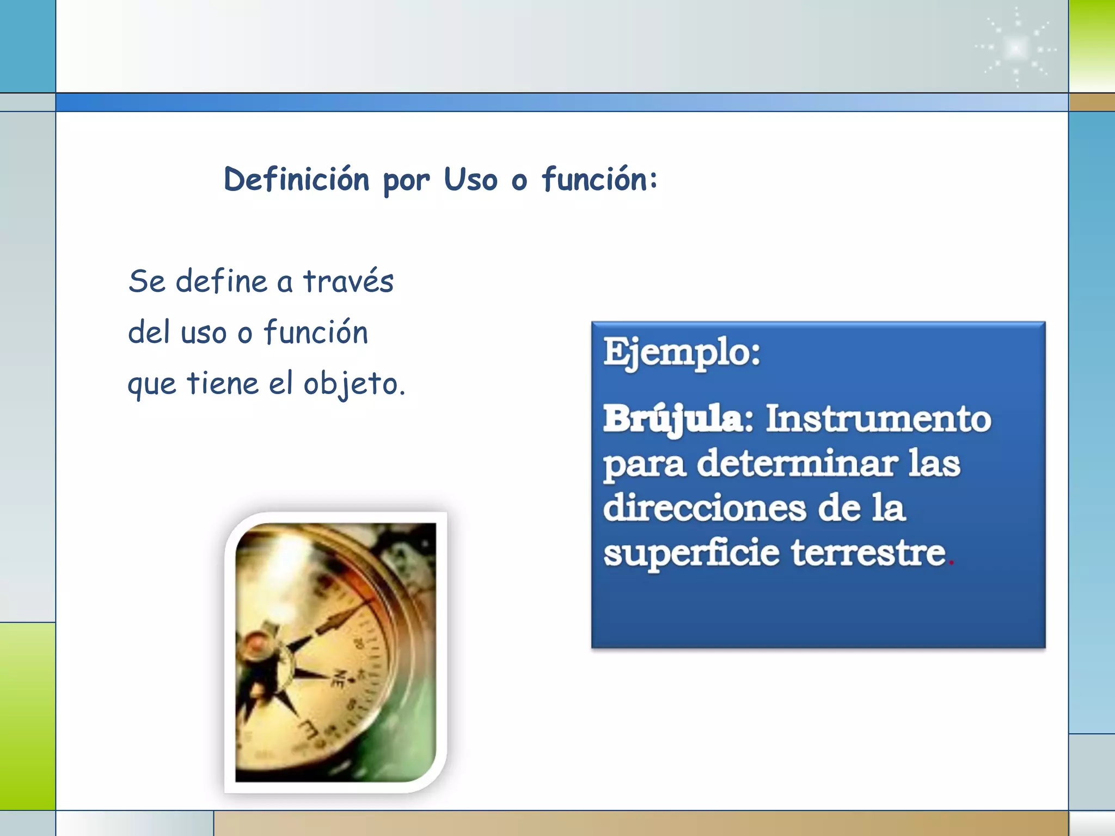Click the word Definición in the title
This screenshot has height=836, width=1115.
click(x=296, y=180)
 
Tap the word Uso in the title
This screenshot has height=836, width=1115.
click(x=470, y=180)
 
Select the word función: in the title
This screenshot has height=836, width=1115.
click(x=599, y=180)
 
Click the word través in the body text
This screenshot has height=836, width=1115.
click(x=348, y=282)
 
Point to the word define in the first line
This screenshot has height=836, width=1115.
click(x=221, y=282)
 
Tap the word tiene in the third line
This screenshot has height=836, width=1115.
click(x=222, y=383)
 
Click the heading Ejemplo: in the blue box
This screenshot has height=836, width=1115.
click(x=682, y=353)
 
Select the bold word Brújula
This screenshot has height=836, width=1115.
click(x=673, y=420)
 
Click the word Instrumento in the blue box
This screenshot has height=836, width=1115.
click(x=878, y=420)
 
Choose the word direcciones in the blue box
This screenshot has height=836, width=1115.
click(x=704, y=508)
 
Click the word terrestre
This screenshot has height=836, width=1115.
click(x=869, y=553)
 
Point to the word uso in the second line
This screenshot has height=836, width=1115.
click(x=203, y=333)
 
